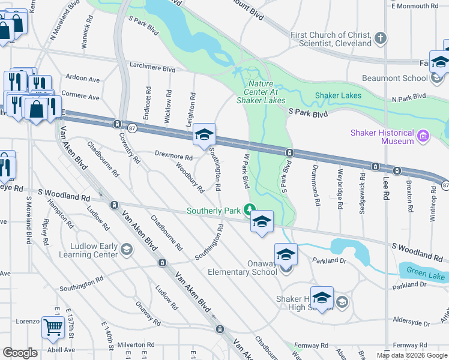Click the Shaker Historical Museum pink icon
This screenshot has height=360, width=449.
pos(423,137)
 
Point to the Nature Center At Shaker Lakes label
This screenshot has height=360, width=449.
pos(265,92)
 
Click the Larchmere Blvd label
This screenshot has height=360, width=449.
pos(152,68)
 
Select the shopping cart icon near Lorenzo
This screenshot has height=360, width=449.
pos(53,328)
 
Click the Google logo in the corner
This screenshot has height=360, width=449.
pos(20,353)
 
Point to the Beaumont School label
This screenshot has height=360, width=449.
pos(394,79)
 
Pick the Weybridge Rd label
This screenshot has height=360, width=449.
pos(340,188)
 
